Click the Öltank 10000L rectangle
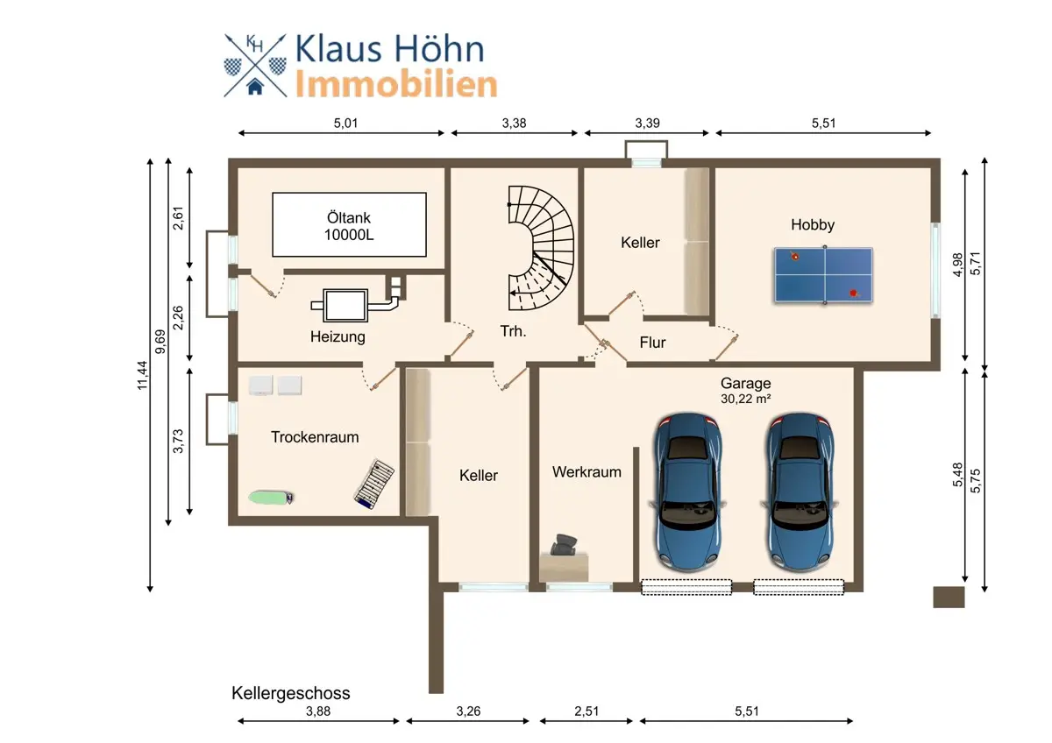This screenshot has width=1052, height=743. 349,224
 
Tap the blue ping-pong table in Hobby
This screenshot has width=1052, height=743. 824,275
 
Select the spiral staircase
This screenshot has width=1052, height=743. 541,248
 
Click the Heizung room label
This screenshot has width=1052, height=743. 338,336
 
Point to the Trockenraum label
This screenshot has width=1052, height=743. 315,437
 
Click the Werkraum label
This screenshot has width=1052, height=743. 586,471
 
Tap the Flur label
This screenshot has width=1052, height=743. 652,343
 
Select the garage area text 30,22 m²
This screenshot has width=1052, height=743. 746,399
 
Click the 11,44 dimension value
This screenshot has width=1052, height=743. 142,375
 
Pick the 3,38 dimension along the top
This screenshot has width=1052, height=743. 514,123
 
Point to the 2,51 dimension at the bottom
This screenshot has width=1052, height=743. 586,711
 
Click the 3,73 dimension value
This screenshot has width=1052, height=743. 178,442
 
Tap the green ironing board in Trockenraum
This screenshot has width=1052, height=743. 271,497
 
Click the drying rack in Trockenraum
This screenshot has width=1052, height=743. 373,484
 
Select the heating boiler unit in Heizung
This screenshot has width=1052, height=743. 346,305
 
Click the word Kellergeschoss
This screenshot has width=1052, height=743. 291,693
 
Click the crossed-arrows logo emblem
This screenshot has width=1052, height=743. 255,65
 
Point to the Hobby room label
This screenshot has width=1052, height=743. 813,224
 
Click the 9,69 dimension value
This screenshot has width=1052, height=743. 160,342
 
